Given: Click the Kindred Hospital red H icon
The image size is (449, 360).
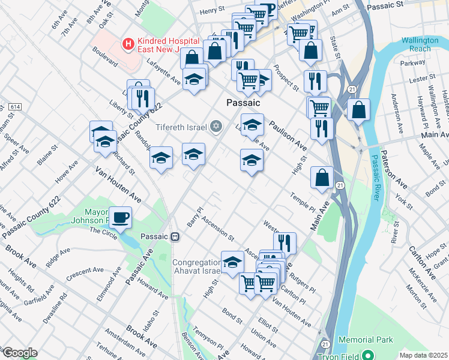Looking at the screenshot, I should point(127,43).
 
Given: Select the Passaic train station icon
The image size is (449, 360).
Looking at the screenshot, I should point(175,236).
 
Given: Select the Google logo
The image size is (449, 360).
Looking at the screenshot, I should point(19,353).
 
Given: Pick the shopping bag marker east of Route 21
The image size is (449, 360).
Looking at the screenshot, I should point(358,110).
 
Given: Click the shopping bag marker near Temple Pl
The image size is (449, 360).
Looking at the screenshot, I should point(322,177).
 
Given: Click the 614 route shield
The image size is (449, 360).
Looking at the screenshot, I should point(13,106).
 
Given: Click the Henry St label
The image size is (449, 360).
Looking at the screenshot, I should point(211,11).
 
